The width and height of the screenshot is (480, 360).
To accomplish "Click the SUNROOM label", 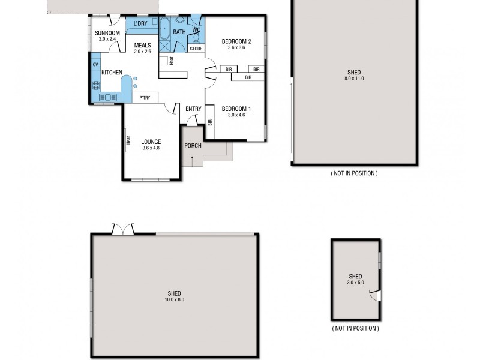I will coord(108,32).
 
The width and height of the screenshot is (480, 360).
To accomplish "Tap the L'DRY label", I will coord(140,23).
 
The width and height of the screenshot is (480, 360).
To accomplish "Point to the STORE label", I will coord(196,49).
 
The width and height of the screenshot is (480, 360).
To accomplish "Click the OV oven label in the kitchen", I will coord(95,64).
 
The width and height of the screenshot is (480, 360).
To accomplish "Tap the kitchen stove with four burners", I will coord(95,84).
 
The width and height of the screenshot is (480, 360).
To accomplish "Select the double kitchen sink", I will coord(109,97).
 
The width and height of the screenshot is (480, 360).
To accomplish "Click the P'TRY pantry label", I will coord(145,97).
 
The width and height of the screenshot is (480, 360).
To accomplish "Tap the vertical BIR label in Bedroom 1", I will coord(210,122).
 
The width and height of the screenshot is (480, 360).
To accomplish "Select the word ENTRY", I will coord(193,109).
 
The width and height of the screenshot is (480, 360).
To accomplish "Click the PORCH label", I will coord(193,146).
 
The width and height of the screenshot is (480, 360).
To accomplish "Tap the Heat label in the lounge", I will coord(128,140).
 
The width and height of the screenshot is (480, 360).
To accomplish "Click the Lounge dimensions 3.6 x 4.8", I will coord(151,149).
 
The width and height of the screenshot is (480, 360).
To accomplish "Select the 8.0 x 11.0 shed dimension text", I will coord(354,79).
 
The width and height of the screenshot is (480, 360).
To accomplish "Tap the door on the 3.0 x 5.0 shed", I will coord(375,295).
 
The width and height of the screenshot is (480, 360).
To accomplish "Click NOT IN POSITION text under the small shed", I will coord(355,329).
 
